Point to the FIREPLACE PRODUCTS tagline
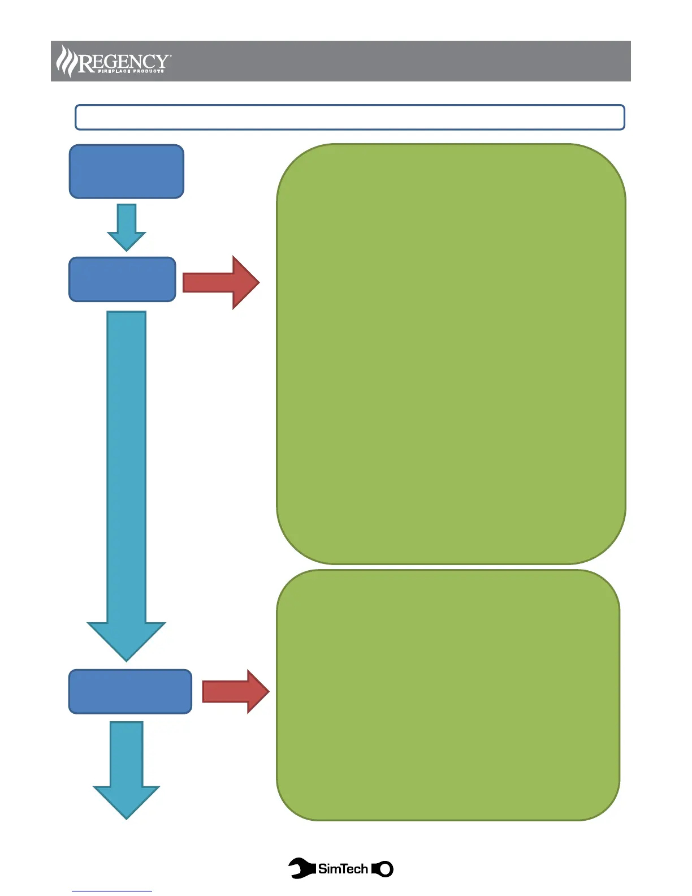131,71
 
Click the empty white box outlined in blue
349,117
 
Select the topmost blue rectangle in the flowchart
126,171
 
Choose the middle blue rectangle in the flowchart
122,279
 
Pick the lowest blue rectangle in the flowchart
130,691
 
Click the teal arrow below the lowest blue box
126,769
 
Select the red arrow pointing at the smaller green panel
235,691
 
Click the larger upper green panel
451,354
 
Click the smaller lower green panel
448,695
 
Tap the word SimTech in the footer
343,868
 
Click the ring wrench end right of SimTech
384,869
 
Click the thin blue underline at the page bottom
111,891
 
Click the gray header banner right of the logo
396,61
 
